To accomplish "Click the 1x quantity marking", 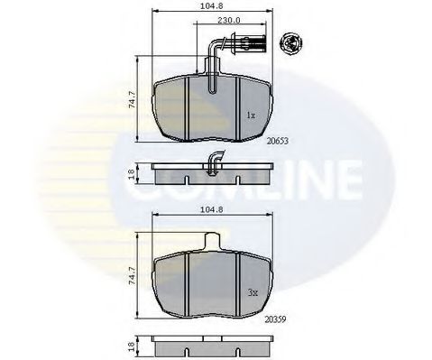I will (x=251, y=116).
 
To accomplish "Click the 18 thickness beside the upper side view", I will (x=133, y=174).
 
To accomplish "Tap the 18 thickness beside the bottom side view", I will (x=133, y=348).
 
